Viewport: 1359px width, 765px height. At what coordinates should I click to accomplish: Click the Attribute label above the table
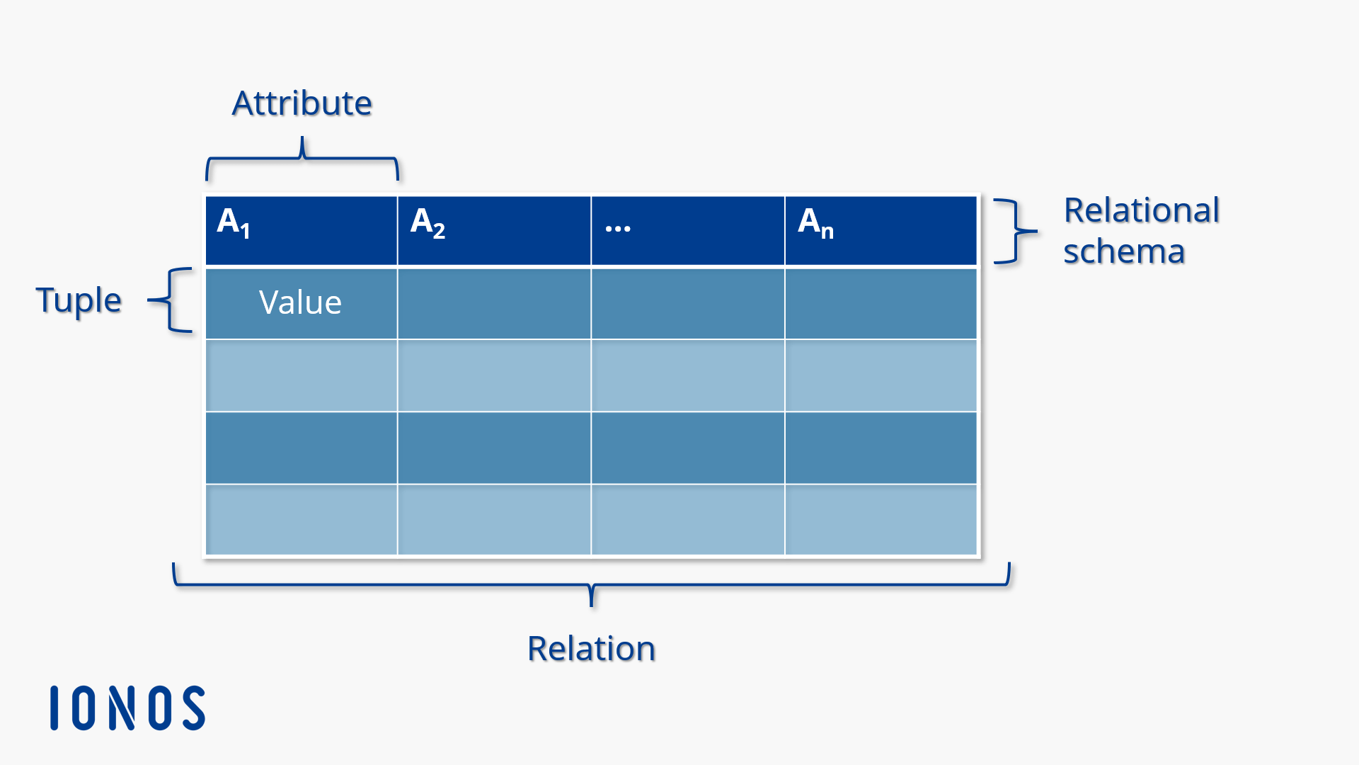302,103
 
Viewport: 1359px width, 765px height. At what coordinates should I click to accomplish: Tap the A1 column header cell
302,230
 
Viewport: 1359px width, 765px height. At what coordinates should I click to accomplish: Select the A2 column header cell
494,230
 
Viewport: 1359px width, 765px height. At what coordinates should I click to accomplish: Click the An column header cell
881,230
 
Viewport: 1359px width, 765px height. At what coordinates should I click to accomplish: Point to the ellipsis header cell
687,230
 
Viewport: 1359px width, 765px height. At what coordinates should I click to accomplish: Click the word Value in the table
300,302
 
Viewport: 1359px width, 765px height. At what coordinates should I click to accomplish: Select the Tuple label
79,300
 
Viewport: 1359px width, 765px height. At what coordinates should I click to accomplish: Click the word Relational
1142,210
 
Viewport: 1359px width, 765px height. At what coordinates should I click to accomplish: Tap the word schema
1124,251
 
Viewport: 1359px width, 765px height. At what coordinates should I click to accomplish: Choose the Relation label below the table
592,648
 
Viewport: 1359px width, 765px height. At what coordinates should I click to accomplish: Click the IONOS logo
128,708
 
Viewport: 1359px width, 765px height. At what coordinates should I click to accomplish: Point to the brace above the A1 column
302,159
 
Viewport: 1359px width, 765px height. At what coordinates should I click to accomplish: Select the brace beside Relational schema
1015,231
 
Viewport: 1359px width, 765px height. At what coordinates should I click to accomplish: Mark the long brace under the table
592,584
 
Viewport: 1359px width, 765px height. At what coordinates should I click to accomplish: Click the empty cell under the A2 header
494,303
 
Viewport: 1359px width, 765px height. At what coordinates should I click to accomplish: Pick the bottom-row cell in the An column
881,519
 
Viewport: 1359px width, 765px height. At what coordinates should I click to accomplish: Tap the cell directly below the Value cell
302,375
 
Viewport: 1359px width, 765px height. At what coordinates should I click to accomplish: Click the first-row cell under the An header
881,303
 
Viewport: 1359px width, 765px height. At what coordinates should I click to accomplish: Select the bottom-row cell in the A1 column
302,519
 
